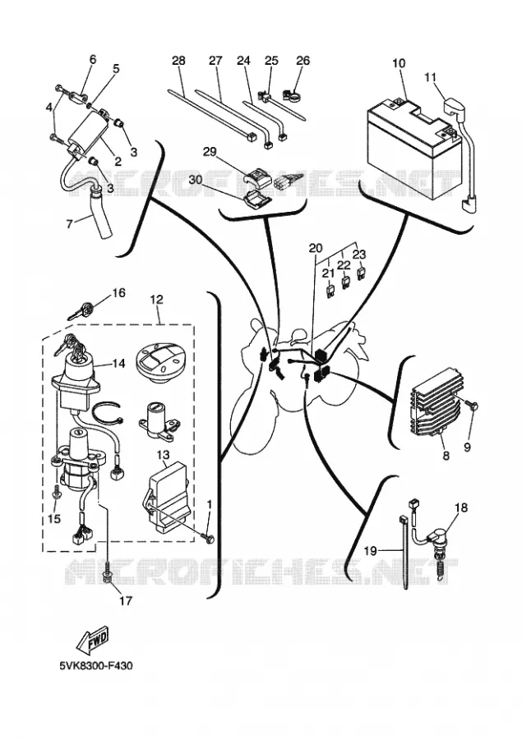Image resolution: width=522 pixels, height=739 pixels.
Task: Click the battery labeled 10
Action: [413, 147]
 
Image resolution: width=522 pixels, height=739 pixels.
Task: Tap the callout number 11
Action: [430, 77]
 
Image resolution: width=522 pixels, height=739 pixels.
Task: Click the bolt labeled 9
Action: [473, 404]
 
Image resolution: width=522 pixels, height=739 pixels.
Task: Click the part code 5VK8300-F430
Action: [96, 665]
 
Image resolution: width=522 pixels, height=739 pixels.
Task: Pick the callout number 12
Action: [156, 299]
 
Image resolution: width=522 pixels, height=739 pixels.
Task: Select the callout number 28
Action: [178, 61]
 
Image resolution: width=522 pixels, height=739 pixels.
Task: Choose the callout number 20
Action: [316, 248]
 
